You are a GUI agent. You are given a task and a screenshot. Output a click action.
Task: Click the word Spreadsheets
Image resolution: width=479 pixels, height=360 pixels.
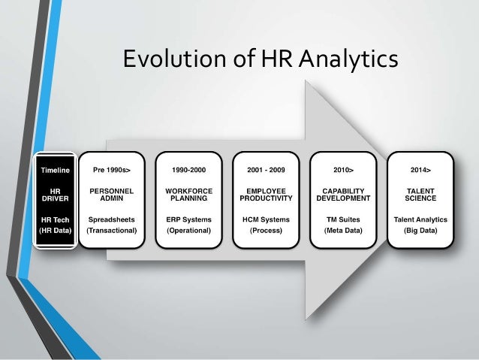(x=112, y=220)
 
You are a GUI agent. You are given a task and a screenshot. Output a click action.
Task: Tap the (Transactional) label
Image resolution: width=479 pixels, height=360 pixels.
(x=112, y=231)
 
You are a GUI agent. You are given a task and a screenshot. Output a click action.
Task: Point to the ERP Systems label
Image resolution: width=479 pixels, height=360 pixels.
(x=188, y=220)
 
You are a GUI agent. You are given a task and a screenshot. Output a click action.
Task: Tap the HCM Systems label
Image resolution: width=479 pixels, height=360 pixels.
(x=267, y=220)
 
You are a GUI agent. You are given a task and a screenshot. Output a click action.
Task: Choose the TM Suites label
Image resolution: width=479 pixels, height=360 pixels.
(x=344, y=220)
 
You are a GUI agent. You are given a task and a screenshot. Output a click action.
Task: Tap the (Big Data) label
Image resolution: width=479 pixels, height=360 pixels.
(x=420, y=231)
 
